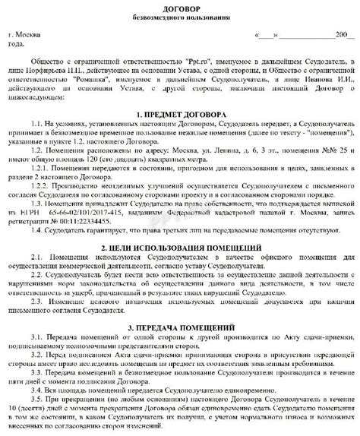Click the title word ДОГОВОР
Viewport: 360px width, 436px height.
(x=180, y=6)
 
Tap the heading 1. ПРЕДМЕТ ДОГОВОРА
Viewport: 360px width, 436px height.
(x=180, y=113)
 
